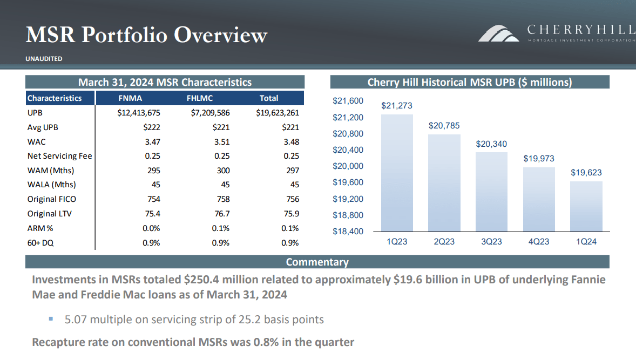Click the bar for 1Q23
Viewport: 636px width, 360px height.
click(x=397, y=173)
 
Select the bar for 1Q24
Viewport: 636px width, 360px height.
click(x=586, y=206)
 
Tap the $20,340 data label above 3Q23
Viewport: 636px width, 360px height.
click(x=491, y=144)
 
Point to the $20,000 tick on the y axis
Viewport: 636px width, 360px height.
click(x=348, y=166)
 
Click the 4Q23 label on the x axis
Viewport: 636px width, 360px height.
click(x=539, y=242)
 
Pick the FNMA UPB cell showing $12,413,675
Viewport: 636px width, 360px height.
click(x=138, y=113)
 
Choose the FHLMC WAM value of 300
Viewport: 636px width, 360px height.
click(x=222, y=171)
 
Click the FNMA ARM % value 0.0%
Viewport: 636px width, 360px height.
click(x=151, y=228)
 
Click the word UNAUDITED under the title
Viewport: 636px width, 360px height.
click(x=44, y=59)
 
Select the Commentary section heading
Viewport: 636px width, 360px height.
click(x=317, y=262)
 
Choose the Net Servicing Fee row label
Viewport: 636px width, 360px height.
click(x=59, y=156)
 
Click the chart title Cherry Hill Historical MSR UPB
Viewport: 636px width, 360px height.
click(x=469, y=82)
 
